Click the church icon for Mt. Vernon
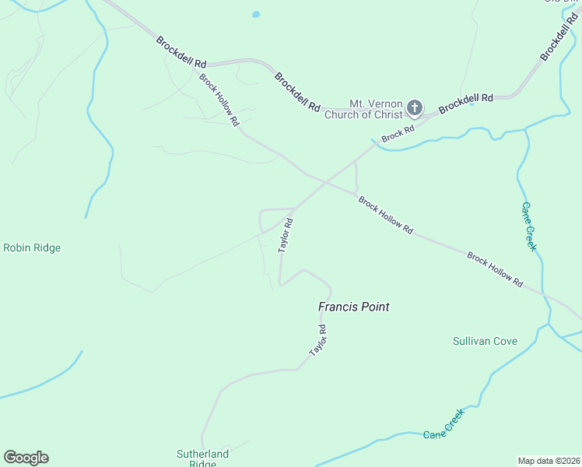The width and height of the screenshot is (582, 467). tap(415, 107)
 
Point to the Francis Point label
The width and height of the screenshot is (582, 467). tap(353, 307)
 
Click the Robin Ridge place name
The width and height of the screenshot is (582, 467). tap(32, 248)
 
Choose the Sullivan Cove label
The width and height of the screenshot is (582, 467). tap(485, 341)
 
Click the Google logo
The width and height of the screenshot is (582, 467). tap(26, 458)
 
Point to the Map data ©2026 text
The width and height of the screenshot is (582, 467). tap(549, 460)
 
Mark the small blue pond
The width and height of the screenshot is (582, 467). tap(256, 14)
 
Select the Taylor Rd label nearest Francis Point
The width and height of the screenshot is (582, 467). tap(317, 341)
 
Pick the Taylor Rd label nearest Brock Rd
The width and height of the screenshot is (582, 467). tap(286, 233)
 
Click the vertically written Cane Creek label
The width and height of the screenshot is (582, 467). tap(528, 226)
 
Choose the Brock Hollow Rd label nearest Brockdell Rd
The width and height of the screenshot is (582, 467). tap(218, 99)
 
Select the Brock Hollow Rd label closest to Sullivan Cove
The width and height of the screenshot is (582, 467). tap(495, 269)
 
